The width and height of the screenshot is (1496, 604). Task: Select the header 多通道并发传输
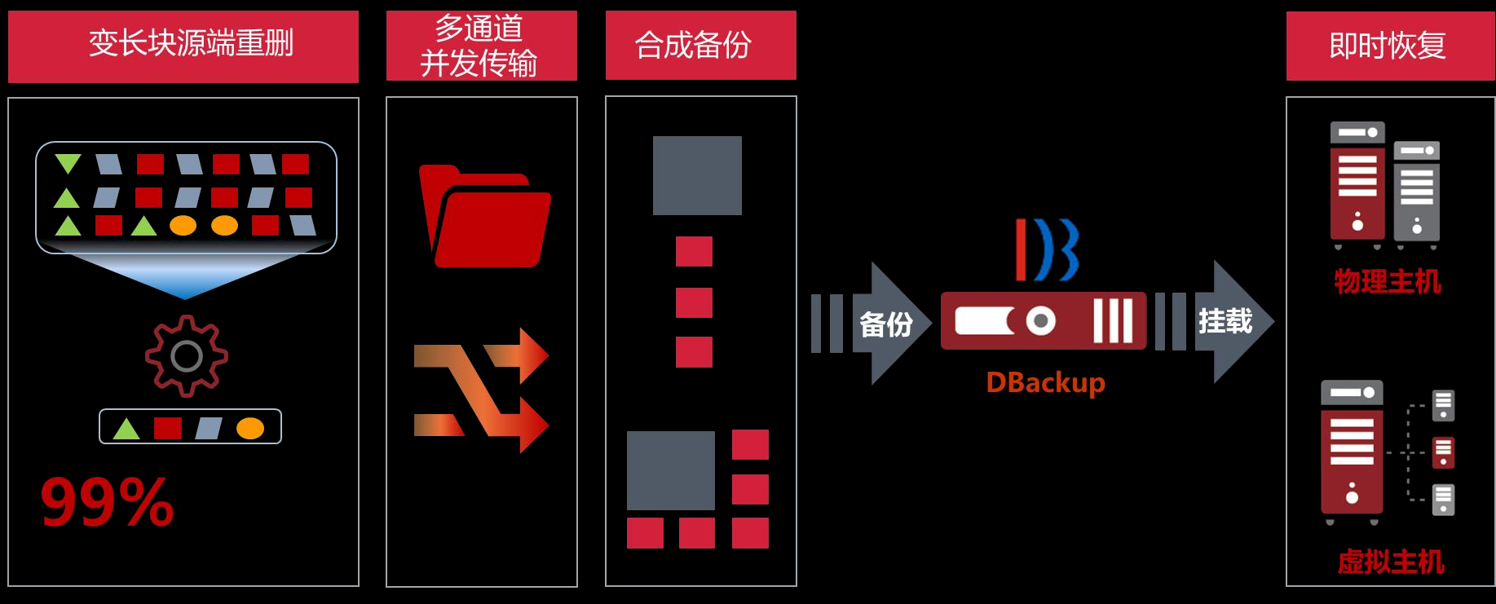pos(481,46)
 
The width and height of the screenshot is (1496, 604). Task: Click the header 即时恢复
pos(1389,46)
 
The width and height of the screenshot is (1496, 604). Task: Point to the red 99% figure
pos(108,502)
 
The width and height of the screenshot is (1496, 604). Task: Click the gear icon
pos(187,356)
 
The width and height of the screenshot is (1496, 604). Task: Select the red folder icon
pos(484,217)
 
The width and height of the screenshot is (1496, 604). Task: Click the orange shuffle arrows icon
pos(481,390)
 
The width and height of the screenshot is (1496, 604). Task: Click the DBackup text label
pos(1045,382)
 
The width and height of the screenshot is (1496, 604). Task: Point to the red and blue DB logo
pos(1047,249)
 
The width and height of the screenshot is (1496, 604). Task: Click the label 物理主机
pos(1388,281)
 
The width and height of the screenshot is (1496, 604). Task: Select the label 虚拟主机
pos(1391,562)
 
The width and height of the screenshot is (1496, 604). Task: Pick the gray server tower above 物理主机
pos(1417,192)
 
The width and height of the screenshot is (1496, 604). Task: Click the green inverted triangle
pos(68,163)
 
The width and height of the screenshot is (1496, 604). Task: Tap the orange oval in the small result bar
pos(250,428)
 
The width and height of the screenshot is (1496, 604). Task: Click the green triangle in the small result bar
pos(126,429)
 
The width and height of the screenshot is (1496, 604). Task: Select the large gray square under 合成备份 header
pos(697,175)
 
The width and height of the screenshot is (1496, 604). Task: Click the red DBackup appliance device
pos(1043,321)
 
